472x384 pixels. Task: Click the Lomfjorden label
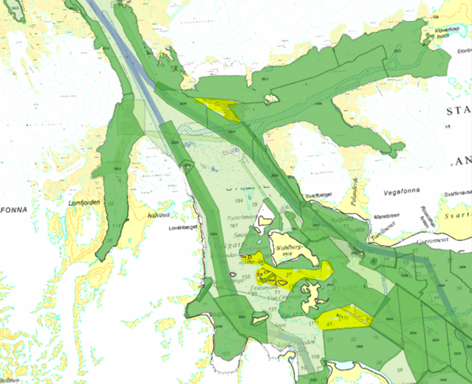point(82,203)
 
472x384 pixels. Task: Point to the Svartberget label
point(319,195)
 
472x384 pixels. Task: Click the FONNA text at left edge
point(13,210)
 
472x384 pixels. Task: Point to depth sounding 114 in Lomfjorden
point(116,226)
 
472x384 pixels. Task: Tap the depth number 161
point(235,226)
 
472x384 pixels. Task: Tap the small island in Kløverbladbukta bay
point(428,38)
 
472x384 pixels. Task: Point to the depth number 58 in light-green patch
point(400,369)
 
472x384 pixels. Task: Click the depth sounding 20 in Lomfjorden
point(111,204)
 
